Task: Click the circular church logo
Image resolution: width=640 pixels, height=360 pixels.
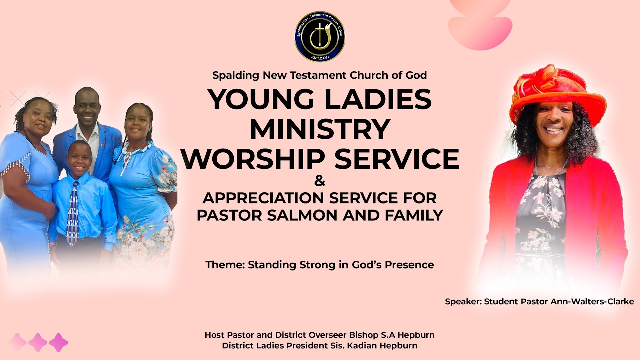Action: point(320,36)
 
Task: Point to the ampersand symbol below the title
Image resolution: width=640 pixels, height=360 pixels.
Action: point(320,181)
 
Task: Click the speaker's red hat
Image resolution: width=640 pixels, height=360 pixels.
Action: point(557,92)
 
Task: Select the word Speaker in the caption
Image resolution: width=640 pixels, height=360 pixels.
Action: point(462,301)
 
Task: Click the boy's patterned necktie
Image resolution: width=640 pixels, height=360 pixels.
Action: point(73,212)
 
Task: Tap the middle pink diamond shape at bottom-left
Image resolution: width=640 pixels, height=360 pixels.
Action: point(38,342)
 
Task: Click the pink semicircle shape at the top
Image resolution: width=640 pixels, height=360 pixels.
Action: point(480,33)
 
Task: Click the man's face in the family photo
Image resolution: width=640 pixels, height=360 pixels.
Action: point(87,106)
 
